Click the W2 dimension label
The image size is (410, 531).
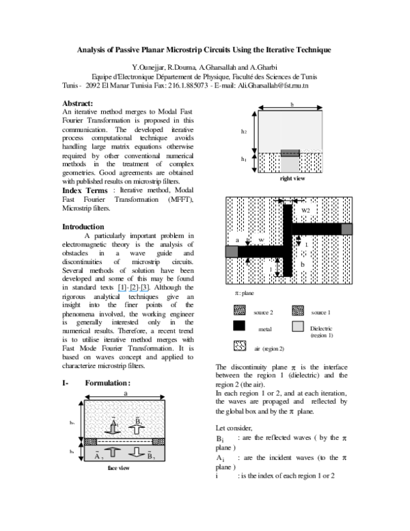click(305, 211)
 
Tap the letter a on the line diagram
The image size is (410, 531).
click(237, 240)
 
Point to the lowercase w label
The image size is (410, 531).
click(261, 240)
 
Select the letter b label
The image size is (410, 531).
click(302, 264)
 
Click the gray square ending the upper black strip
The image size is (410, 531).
click(346, 229)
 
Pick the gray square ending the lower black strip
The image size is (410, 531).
click(232, 252)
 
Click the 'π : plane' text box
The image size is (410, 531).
click(251, 294)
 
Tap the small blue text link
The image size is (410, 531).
click(133, 292)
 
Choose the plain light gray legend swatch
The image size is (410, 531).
click(298, 327)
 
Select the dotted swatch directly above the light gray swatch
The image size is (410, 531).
click(298, 311)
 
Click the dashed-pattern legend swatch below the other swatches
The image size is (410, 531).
click(240, 346)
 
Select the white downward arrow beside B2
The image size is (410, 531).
click(137, 452)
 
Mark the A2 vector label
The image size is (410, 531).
click(99, 455)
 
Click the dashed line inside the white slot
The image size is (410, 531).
click(124, 441)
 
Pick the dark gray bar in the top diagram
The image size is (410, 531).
click(290, 153)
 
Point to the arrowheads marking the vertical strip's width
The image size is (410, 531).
click(288, 201)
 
